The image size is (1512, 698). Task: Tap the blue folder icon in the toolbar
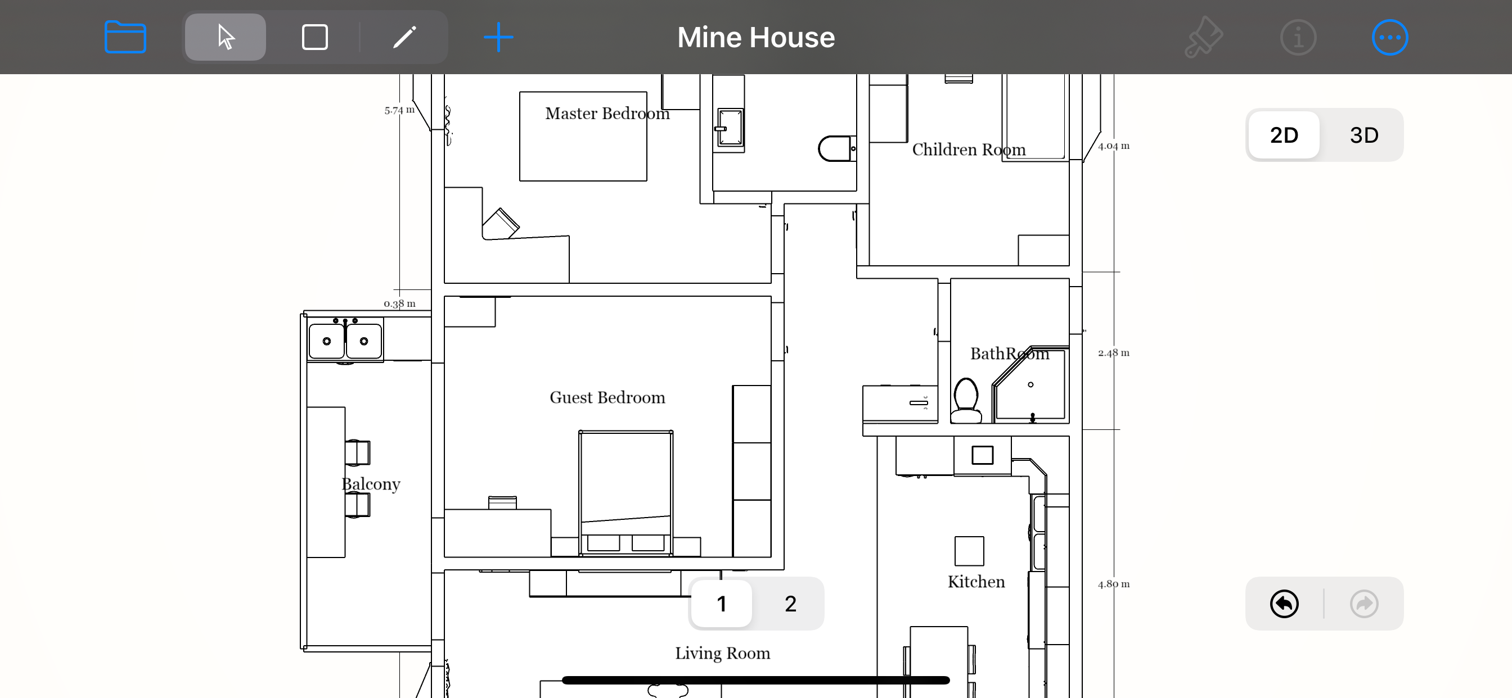coord(125,37)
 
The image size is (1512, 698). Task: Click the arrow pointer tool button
coord(226,37)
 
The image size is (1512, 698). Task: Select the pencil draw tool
coord(404,37)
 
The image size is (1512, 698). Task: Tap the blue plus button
coord(498,37)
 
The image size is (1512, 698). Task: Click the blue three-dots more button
coord(1390,38)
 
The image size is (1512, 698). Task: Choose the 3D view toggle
coord(1363,135)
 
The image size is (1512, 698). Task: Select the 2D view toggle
coord(1284,135)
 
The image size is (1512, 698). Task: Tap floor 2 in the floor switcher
coord(790,604)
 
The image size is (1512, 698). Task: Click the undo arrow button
coord(1284,604)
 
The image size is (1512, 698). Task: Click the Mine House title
coord(756,38)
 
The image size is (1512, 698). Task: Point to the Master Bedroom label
coord(607,113)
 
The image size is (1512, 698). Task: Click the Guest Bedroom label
coord(607,397)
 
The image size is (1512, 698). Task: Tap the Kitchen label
coord(976,581)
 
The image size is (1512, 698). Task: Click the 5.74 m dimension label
coord(399,110)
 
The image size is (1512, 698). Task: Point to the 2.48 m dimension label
coord(1113,352)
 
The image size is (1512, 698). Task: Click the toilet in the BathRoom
coord(966,400)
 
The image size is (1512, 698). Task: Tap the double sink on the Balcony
coord(345,339)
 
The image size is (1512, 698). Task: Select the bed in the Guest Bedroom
coord(625,493)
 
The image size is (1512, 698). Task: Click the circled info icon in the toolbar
coord(1298,38)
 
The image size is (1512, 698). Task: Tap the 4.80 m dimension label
coord(1113,583)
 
